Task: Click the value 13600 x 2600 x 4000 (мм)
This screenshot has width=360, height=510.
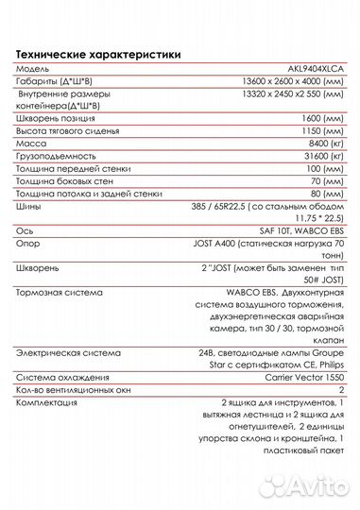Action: (294, 84)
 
